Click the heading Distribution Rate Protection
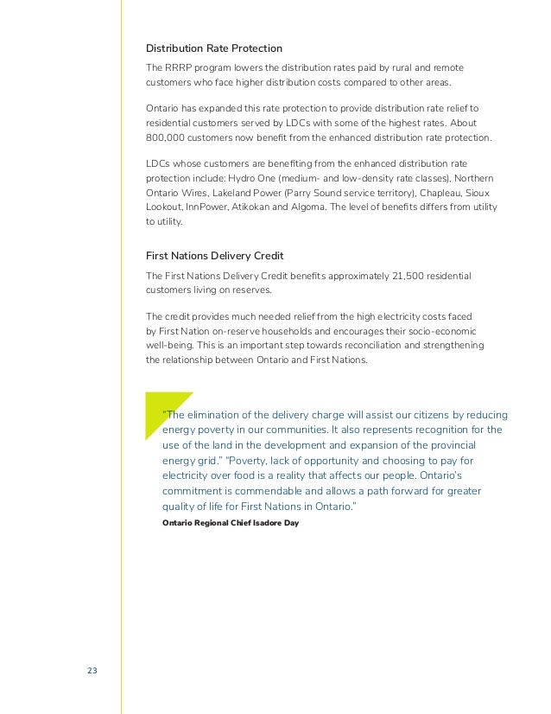(x=214, y=48)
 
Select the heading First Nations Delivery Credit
(x=215, y=256)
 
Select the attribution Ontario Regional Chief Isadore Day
(x=230, y=524)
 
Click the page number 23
(x=92, y=672)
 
